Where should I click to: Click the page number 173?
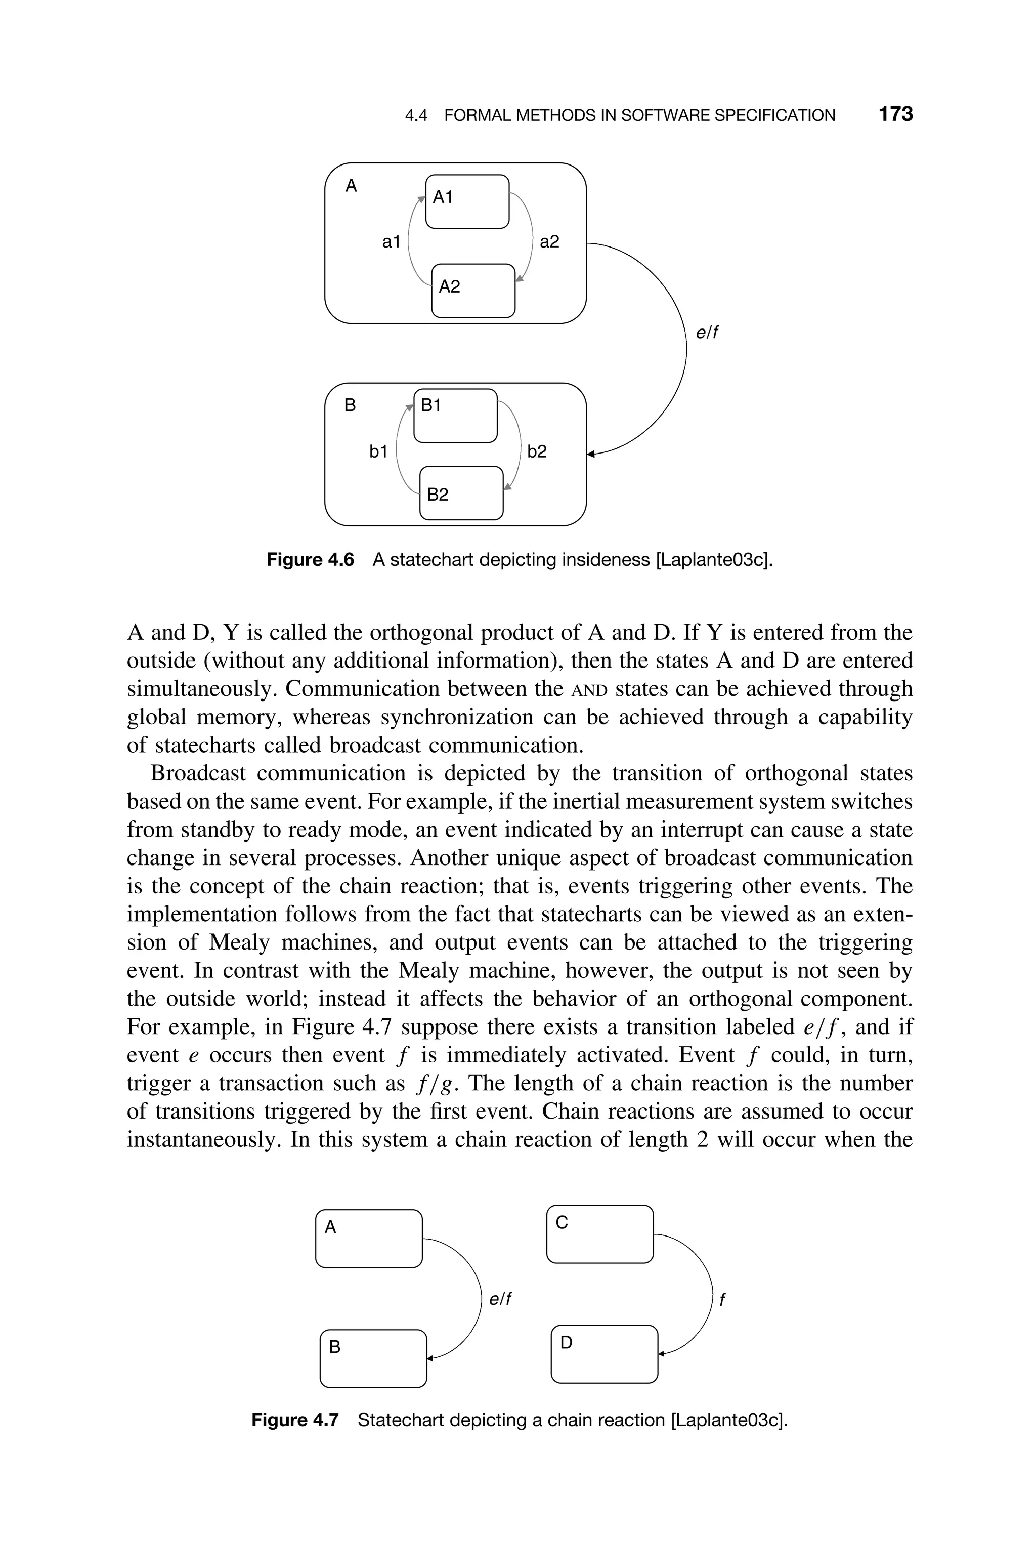895,114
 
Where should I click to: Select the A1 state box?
467,201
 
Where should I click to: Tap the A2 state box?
473,291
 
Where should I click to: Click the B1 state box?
455,416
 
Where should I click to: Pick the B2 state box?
461,493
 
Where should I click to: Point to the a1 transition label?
391,242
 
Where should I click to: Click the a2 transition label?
549,242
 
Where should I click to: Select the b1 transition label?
378,451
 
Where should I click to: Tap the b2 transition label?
537,451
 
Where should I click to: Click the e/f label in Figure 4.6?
706,333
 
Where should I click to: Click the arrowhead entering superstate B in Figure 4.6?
591,454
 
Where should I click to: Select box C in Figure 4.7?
600,1234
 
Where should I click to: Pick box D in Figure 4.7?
604,1353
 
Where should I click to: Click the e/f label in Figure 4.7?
500,1299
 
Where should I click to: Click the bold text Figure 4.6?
310,560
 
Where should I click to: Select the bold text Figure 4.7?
295,1420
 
